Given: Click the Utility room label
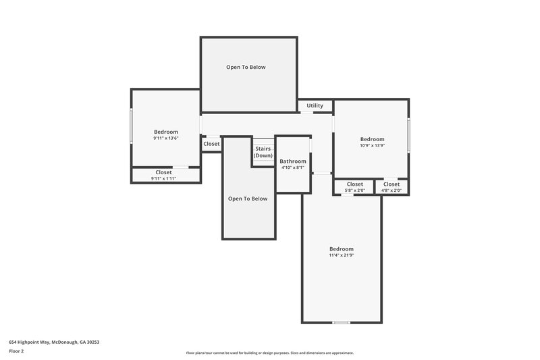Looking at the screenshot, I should coord(315,106).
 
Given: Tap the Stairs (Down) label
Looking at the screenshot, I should coord(263,152).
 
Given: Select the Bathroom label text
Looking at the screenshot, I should coord(293,161).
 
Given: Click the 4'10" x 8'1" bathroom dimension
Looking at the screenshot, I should coord(293,168).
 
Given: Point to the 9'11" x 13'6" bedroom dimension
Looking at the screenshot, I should coord(165,138).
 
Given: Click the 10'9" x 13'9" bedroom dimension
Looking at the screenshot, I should coord(372,145).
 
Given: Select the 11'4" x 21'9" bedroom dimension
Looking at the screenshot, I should coord(341,255).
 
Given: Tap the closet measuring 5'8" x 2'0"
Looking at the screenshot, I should coord(354,190).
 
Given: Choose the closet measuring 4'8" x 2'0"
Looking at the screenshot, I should coord(391,190).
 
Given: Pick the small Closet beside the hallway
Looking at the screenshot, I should coord(211,144).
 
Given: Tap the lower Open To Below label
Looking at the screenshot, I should coord(248,199).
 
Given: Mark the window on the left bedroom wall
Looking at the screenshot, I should coord(131,126).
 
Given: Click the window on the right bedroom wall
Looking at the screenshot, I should coord(408,134).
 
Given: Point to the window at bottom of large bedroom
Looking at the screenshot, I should coord(342,323).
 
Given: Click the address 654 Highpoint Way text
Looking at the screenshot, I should coord(54,342).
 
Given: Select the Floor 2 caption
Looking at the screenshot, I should coord(16,351).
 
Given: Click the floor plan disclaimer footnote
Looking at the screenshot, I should coord(270,353).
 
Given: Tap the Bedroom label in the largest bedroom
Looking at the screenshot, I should coord(341,249).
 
